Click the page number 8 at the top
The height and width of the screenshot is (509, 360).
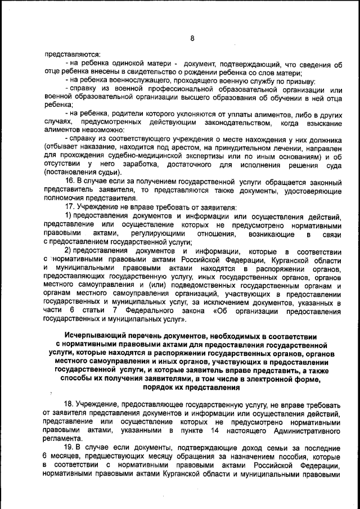tap(192, 38)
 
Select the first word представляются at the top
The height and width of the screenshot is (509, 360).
tap(70, 55)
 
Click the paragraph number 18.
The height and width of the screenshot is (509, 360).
tap(70, 406)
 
